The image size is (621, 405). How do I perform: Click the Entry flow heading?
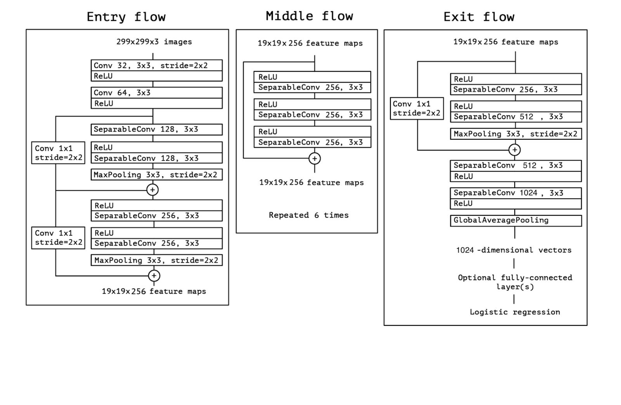126,17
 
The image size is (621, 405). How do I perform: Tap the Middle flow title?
309,16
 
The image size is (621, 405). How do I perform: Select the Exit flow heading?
479,17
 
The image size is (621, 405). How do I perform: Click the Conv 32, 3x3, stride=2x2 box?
156,66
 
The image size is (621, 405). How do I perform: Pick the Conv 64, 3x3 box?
156,93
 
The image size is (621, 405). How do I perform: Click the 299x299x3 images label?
154,42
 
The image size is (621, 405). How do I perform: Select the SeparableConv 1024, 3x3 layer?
515,193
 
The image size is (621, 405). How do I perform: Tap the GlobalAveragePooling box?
515,221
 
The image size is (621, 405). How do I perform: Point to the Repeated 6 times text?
309,215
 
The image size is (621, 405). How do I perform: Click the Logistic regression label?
515,312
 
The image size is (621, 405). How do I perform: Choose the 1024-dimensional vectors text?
513,250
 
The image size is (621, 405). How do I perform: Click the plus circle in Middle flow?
314,158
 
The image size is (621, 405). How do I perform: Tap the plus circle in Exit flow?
515,150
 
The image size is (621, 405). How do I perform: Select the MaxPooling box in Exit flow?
515,134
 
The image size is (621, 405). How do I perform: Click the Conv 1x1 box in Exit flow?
416,109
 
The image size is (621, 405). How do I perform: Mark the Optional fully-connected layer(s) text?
515,282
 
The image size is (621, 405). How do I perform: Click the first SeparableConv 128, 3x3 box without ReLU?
156,130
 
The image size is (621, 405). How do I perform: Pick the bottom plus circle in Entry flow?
154,276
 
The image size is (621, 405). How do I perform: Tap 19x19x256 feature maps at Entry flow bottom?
154,291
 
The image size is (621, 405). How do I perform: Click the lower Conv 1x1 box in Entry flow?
58,238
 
